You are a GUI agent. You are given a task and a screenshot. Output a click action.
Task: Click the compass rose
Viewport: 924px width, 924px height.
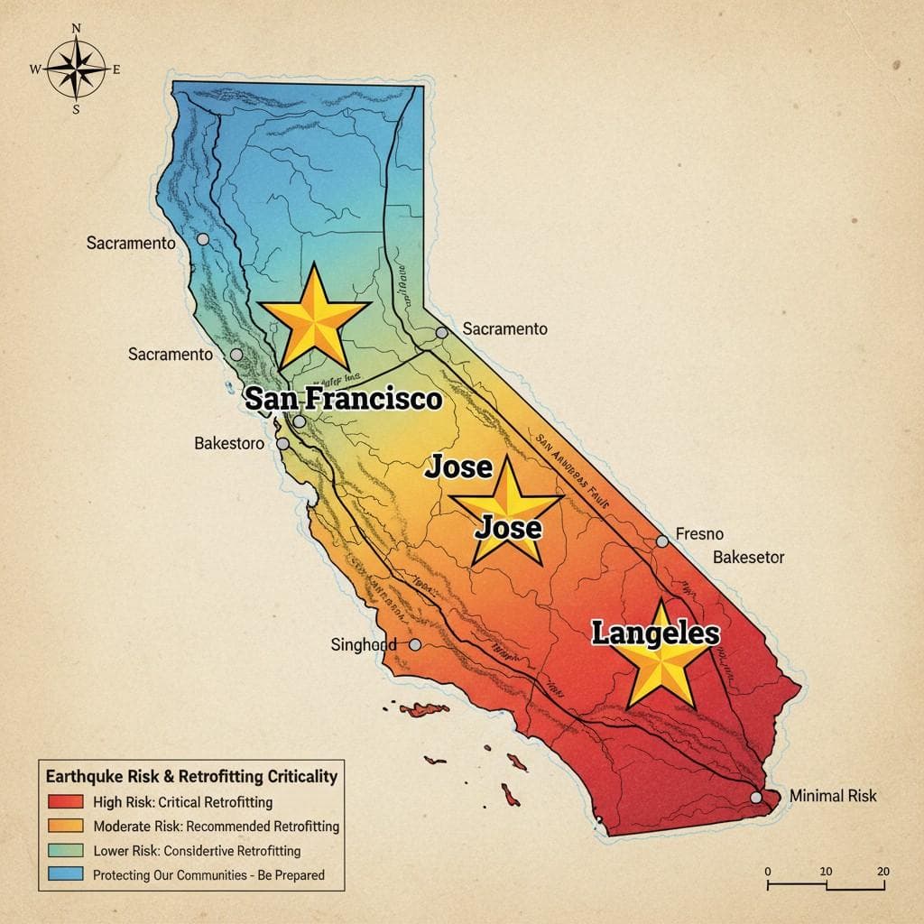point(76,69)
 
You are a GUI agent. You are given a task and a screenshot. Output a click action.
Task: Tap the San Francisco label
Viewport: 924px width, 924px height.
point(343,399)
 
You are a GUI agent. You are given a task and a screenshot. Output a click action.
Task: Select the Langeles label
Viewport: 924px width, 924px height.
point(655,633)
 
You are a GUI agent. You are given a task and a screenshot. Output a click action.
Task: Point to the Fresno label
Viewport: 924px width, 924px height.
point(699,534)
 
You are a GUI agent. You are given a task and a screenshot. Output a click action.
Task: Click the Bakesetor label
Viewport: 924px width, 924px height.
point(748,558)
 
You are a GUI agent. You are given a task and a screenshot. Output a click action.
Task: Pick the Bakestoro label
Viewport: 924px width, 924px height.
point(229,444)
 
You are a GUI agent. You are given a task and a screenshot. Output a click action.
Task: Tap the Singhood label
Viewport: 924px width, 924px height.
point(364,645)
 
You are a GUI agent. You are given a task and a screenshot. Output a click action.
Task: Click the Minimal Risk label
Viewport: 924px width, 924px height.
point(832,796)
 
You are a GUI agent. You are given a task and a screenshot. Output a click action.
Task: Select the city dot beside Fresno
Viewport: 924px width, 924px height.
point(662,541)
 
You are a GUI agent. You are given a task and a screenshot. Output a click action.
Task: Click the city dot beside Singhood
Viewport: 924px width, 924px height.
point(415,644)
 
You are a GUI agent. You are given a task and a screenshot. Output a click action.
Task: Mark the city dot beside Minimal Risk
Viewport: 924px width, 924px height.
point(756,798)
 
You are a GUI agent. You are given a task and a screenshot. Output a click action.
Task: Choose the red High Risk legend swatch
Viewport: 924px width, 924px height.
point(63,801)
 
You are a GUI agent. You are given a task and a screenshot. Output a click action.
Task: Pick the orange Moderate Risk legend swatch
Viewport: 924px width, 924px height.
point(63,826)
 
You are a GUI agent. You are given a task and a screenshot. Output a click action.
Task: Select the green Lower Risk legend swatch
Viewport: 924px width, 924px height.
point(63,850)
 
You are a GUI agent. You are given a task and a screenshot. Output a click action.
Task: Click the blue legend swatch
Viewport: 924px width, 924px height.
point(63,874)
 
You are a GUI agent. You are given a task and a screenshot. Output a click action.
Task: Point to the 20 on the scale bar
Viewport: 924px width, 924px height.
point(882,871)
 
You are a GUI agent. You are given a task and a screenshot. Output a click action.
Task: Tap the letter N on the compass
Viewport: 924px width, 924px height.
point(76,28)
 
